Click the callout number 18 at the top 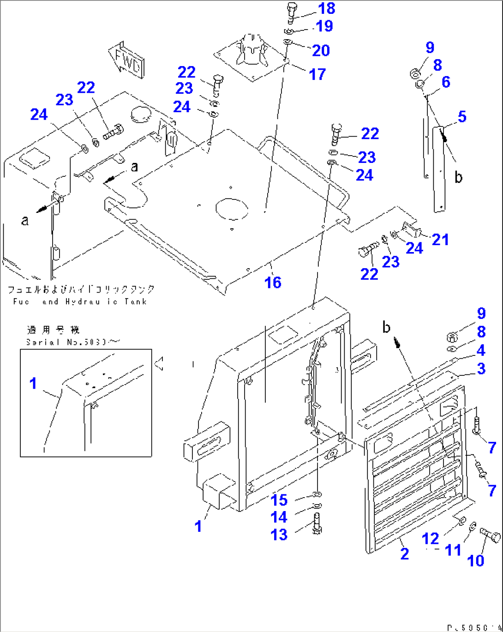click(x=326, y=8)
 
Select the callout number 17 click(x=317, y=74)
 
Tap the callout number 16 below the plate click(x=273, y=282)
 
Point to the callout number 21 click(x=440, y=239)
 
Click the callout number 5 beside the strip click(x=462, y=116)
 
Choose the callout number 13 click(x=279, y=535)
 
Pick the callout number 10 click(x=475, y=560)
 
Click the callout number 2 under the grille click(x=404, y=554)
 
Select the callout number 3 click(x=481, y=368)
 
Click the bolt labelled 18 click(x=291, y=12)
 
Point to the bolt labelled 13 click(x=317, y=524)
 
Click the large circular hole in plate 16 click(x=232, y=209)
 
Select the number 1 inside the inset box click(x=33, y=383)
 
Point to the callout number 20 click(x=321, y=50)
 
